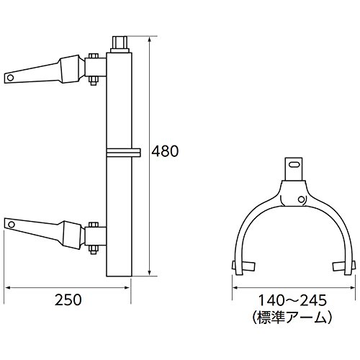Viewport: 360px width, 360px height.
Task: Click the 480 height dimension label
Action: pyautogui.click(x=166, y=151)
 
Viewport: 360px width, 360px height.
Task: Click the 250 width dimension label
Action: pyautogui.click(x=68, y=300)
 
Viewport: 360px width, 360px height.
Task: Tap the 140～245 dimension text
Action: pyautogui.click(x=292, y=300)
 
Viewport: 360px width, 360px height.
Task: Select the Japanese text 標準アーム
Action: pyautogui.click(x=292, y=318)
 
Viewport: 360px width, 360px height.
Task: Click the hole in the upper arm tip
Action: pyautogui.click(x=10, y=77)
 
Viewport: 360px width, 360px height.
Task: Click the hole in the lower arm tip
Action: pyautogui.click(x=11, y=225)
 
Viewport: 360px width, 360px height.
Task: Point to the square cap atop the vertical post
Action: pyautogui.click(x=120, y=45)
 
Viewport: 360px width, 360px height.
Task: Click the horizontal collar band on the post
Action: pyautogui.click(x=123, y=153)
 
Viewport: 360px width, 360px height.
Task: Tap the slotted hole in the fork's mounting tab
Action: pyautogui.click(x=294, y=164)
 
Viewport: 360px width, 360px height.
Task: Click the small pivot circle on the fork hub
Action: pyautogui.click(x=301, y=199)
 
